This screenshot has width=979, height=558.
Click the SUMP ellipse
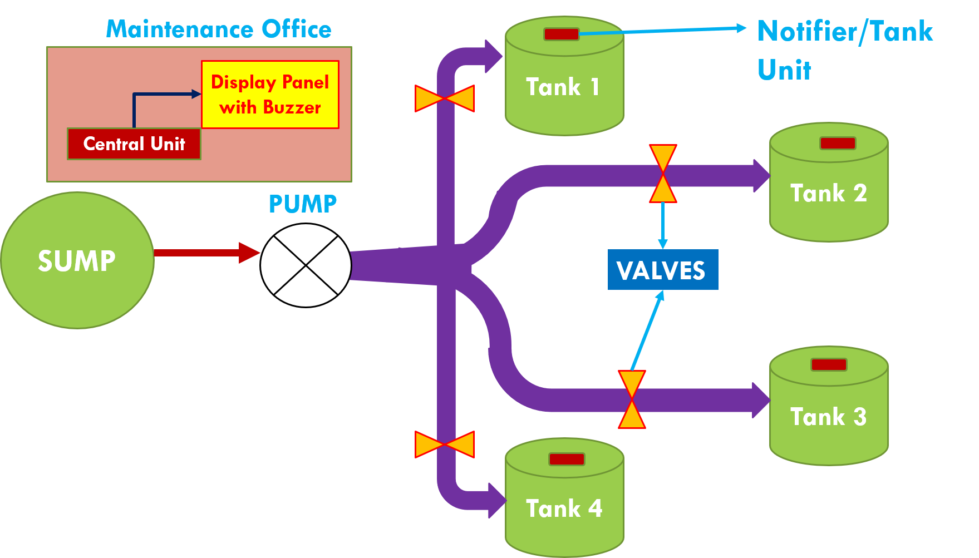click(x=77, y=260)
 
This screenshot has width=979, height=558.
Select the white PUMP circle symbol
click(x=306, y=265)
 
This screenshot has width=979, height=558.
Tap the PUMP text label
click(x=303, y=204)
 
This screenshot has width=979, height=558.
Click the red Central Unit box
click(x=134, y=144)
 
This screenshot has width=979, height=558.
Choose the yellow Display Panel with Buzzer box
click(x=270, y=95)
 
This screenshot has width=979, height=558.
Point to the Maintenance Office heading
click(x=219, y=29)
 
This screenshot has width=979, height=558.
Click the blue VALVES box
click(x=662, y=270)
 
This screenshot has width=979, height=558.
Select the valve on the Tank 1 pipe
click(x=445, y=98)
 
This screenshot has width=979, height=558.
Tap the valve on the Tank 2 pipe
click(x=663, y=174)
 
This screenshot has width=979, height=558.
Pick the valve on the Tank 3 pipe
click(x=632, y=399)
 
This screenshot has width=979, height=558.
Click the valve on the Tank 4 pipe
click(x=445, y=445)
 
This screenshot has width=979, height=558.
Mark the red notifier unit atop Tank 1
click(x=561, y=34)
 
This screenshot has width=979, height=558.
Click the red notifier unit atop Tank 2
click(x=837, y=144)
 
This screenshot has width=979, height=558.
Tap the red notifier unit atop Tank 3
click(x=829, y=365)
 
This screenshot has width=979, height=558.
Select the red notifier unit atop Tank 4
click(x=566, y=460)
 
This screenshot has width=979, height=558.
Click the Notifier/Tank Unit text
click(x=844, y=50)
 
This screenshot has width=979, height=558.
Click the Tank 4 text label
click(x=564, y=508)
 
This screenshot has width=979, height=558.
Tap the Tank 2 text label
click(x=828, y=194)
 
